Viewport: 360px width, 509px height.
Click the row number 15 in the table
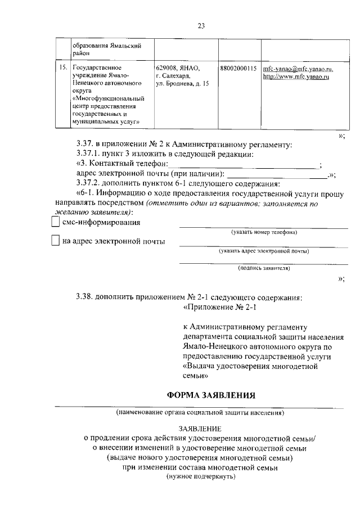tap(63, 69)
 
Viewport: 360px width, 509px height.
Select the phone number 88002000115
tap(238, 69)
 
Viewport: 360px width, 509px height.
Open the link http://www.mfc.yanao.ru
tap(296, 76)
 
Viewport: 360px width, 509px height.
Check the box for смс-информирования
tap(55, 223)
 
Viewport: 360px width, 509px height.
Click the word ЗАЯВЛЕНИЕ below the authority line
tap(200, 428)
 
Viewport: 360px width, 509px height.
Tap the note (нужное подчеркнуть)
tap(200, 476)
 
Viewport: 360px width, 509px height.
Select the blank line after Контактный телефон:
tap(244, 164)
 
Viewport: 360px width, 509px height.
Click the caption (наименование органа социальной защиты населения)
tap(200, 413)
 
